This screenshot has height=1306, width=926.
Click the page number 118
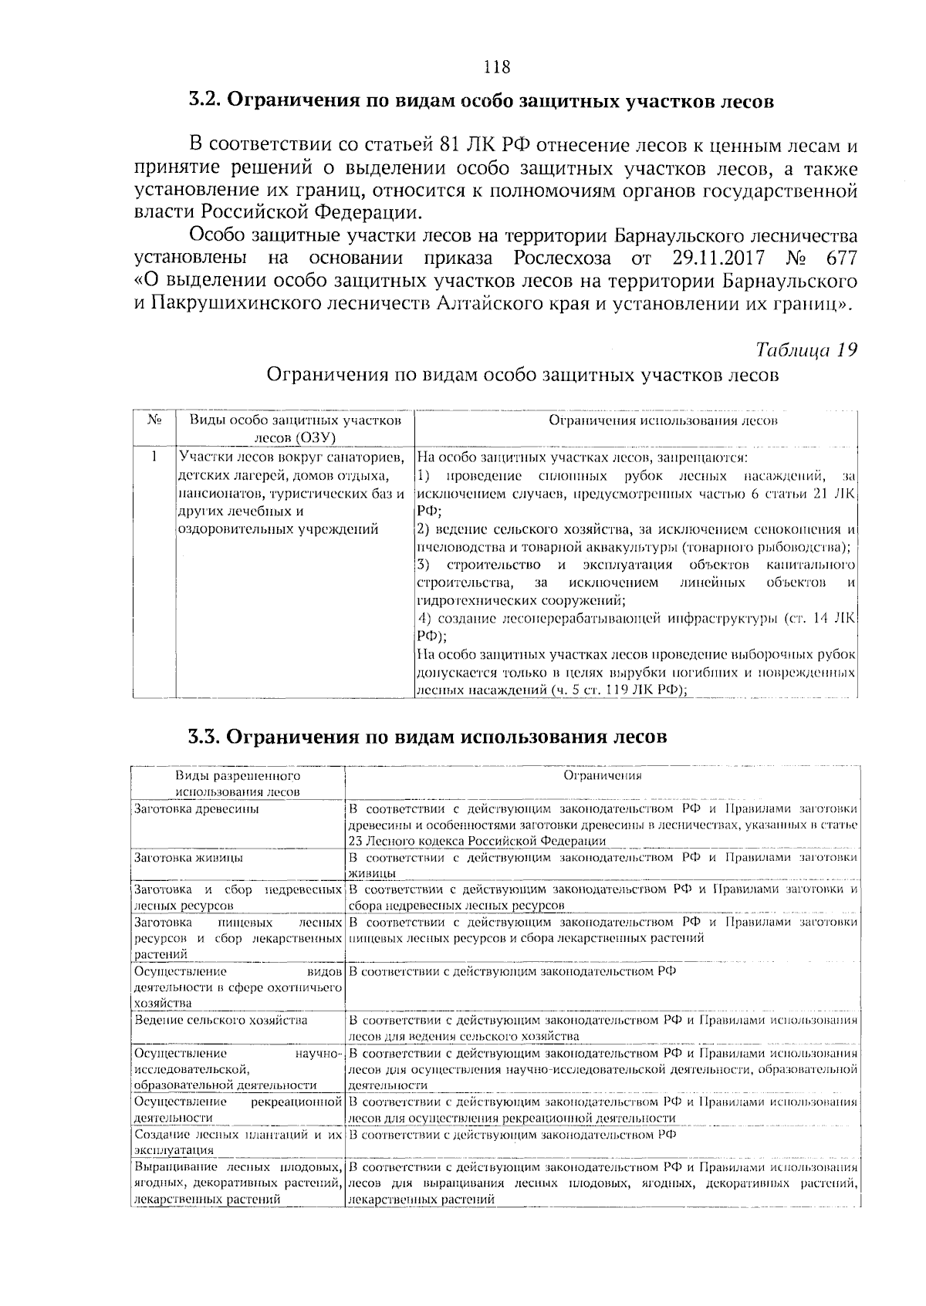tap(496, 67)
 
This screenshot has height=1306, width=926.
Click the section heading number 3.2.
tap(205, 101)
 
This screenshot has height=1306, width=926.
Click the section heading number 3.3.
tap(205, 736)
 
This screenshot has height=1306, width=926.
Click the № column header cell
tap(154, 420)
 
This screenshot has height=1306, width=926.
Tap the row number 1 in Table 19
tap(154, 457)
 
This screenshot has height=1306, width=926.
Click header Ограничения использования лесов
tap(663, 420)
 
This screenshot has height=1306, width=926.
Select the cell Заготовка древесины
tap(197, 809)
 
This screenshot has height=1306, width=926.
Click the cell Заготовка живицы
tap(189, 858)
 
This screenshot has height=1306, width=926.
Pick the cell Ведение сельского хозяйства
tap(221, 1020)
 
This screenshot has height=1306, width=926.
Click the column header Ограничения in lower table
tap(603, 776)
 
